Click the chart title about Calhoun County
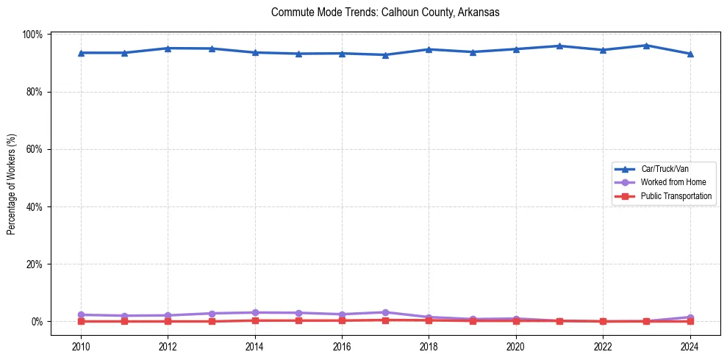click(x=385, y=12)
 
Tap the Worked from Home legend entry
click(x=670, y=182)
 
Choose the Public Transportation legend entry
click(x=676, y=196)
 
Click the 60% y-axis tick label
click(x=35, y=149)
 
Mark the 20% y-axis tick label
click(x=35, y=264)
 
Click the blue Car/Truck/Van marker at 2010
click(x=81, y=53)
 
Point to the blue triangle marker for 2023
click(x=646, y=46)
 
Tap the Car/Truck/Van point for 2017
click(x=385, y=55)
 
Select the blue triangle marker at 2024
click(x=690, y=54)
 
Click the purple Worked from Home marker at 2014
click(x=255, y=312)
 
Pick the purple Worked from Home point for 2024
click(x=690, y=317)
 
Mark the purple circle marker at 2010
click(x=81, y=314)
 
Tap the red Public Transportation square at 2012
click(x=168, y=321)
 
